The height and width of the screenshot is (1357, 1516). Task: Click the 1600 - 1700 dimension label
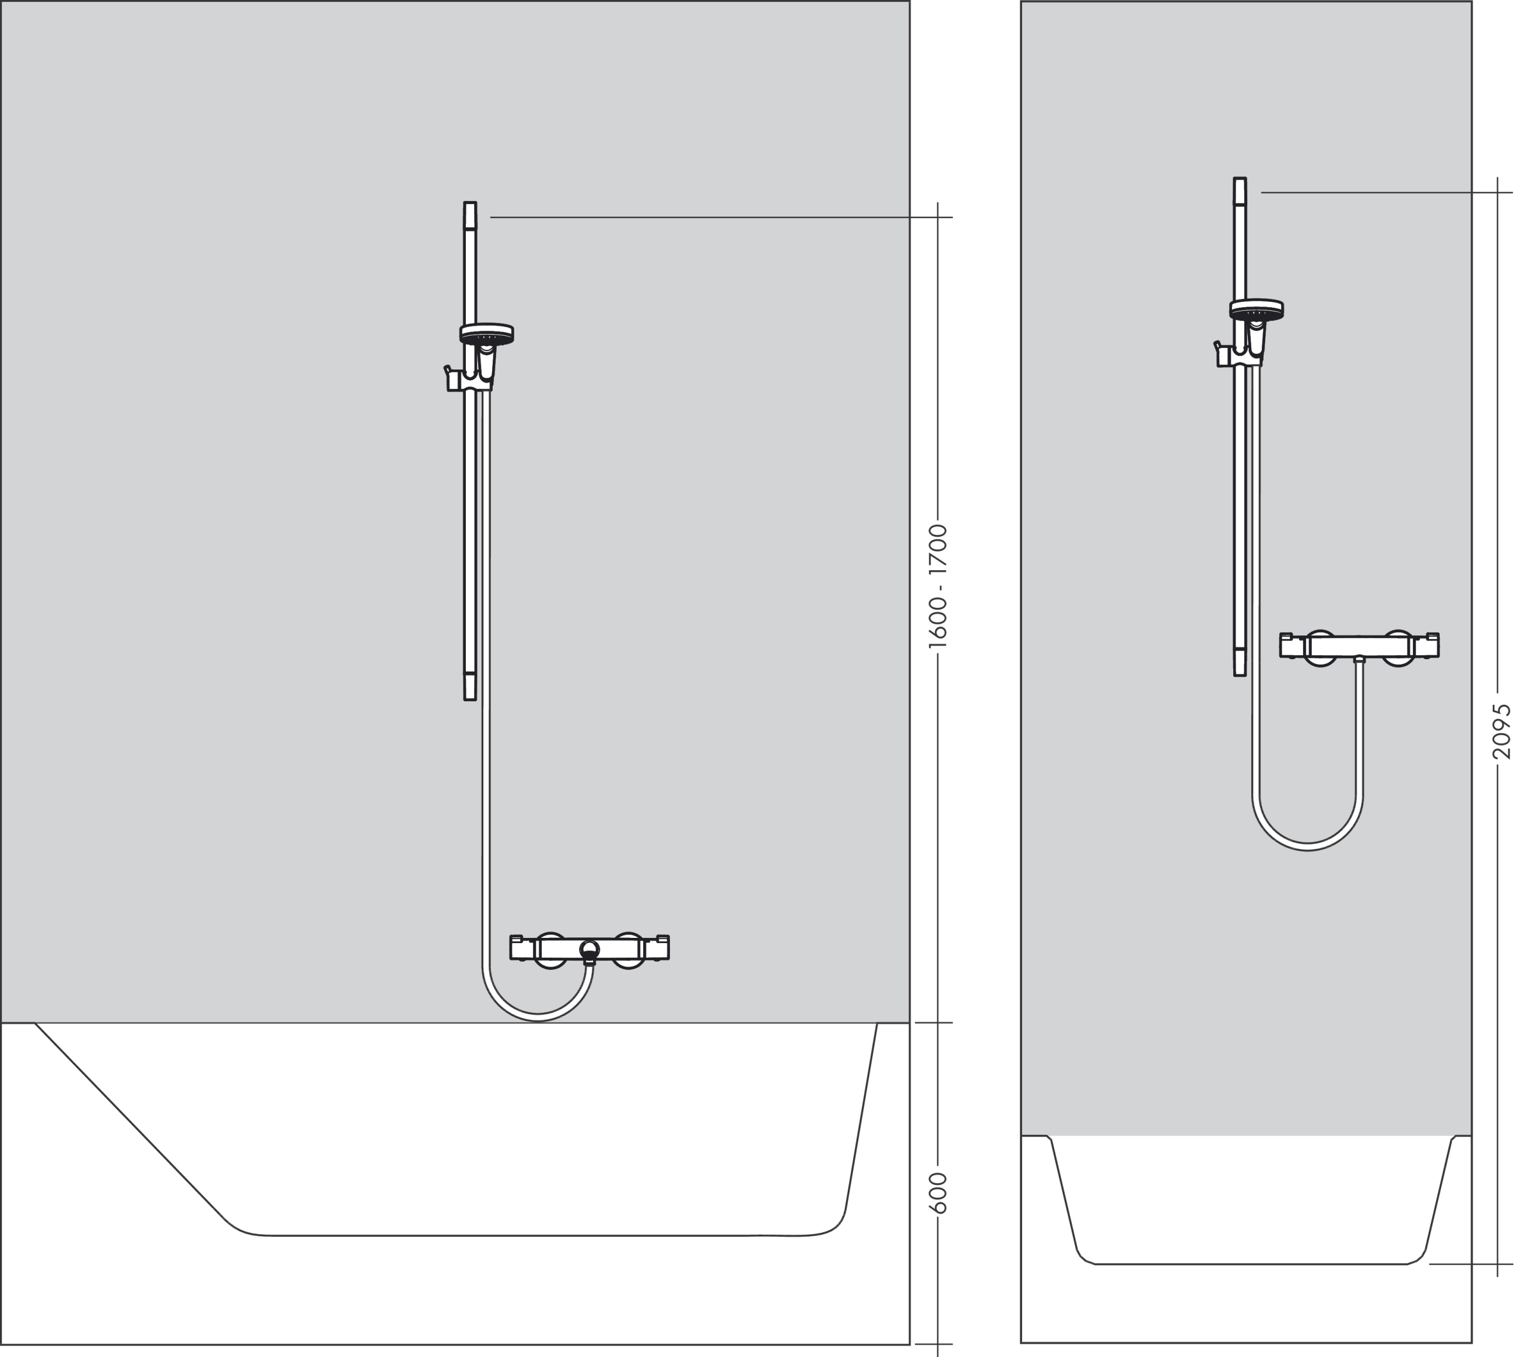point(938,586)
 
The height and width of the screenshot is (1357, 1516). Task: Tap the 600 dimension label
point(939,1193)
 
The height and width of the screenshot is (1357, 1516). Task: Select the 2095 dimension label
point(1502,732)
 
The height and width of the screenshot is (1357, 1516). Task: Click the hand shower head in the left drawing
point(486,335)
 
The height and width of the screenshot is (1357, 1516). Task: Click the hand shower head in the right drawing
point(1257,310)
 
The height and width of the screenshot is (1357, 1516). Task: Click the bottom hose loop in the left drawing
point(538,1017)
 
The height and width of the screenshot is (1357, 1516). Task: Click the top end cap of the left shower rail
point(470,215)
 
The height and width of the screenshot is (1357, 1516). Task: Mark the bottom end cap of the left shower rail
point(470,686)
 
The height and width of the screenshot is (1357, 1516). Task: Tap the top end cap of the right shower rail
point(1240,190)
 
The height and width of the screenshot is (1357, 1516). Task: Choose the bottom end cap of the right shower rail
point(1240,662)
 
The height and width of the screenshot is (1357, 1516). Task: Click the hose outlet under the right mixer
point(1359,660)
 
